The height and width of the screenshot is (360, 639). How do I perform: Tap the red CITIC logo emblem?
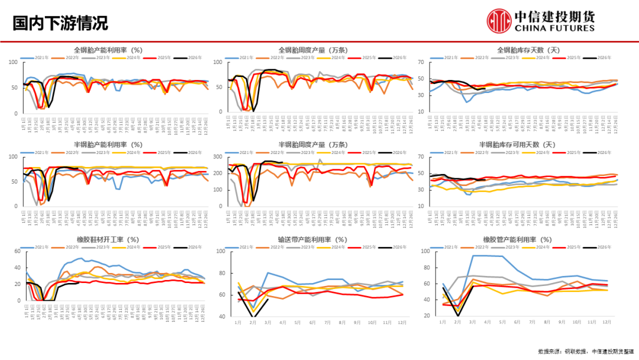point(499,20)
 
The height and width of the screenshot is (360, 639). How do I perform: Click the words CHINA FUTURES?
point(554,28)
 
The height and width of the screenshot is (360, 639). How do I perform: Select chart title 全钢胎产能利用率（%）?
point(108,50)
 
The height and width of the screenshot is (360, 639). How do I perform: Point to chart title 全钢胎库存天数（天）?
point(526,50)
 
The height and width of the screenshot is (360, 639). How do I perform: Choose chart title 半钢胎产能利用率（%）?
point(108,144)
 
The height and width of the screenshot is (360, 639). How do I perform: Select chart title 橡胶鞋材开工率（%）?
point(108,239)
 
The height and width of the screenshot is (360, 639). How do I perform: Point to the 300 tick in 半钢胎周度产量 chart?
point(217,157)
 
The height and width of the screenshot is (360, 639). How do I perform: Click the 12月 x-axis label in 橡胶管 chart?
point(607,322)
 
